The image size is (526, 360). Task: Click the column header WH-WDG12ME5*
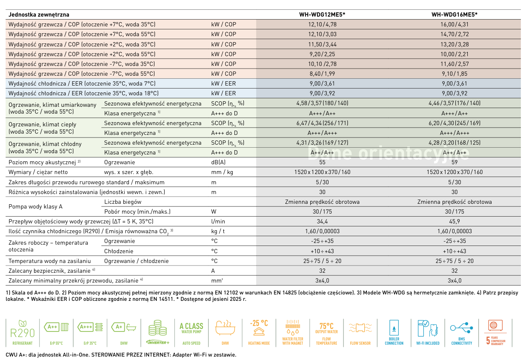click(322, 14)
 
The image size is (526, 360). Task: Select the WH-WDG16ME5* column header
click(455, 14)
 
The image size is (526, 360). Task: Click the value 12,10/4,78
click(322, 25)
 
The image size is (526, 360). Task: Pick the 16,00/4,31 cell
click(455, 25)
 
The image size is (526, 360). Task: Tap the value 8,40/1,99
click(322, 74)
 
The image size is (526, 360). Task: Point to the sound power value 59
click(455, 162)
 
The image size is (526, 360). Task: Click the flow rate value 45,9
click(455, 221)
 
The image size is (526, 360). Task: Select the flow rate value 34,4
click(322, 221)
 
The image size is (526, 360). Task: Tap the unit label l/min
click(218, 221)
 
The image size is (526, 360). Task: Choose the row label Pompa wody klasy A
click(36, 206)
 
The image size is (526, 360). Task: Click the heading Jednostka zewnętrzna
click(39, 14)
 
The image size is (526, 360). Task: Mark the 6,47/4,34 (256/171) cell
click(322, 123)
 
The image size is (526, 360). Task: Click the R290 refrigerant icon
click(23, 331)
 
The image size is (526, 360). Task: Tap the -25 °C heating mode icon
click(259, 331)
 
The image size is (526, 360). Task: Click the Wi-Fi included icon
click(428, 331)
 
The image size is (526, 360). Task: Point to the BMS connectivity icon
click(462, 331)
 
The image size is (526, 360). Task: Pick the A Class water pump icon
click(191, 331)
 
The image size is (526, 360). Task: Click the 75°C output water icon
click(326, 331)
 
